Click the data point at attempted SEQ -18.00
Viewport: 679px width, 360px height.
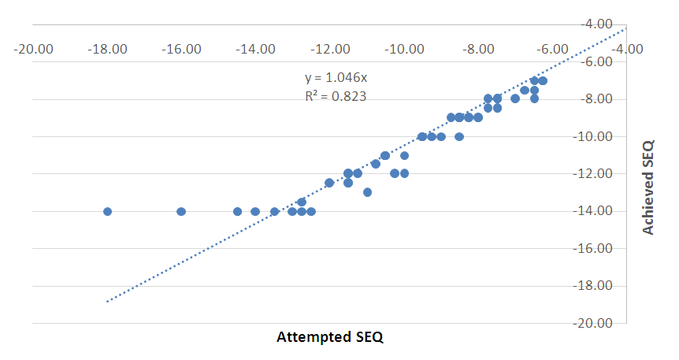point(107,211)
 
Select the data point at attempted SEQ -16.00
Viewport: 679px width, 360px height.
point(181,211)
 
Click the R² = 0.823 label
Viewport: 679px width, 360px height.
point(335,96)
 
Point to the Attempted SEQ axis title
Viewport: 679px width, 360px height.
point(329,337)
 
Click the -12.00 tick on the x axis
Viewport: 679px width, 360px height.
point(331,49)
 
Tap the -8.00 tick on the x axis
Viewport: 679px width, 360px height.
point(479,49)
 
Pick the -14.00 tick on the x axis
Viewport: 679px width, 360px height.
point(256,49)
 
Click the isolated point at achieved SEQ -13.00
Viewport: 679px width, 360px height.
point(367,192)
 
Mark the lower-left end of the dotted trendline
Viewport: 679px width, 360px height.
point(107,301)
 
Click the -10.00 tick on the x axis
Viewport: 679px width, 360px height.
point(405,49)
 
